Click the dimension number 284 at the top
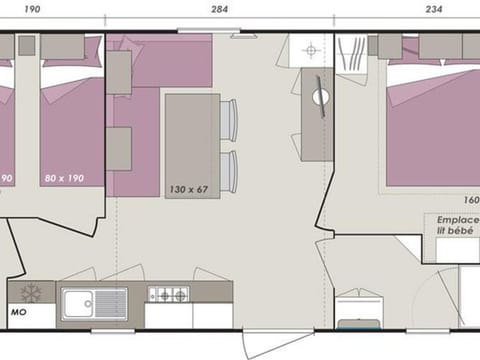[219, 9]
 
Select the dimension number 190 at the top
[31, 9]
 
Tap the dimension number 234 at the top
[406, 9]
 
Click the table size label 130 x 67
[189, 190]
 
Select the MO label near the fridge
[18, 310]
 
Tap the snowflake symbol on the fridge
[31, 294]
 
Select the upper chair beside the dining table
[229, 121]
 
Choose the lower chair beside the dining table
[229, 171]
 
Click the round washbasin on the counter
[320, 97]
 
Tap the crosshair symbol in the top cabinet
[311, 49]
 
